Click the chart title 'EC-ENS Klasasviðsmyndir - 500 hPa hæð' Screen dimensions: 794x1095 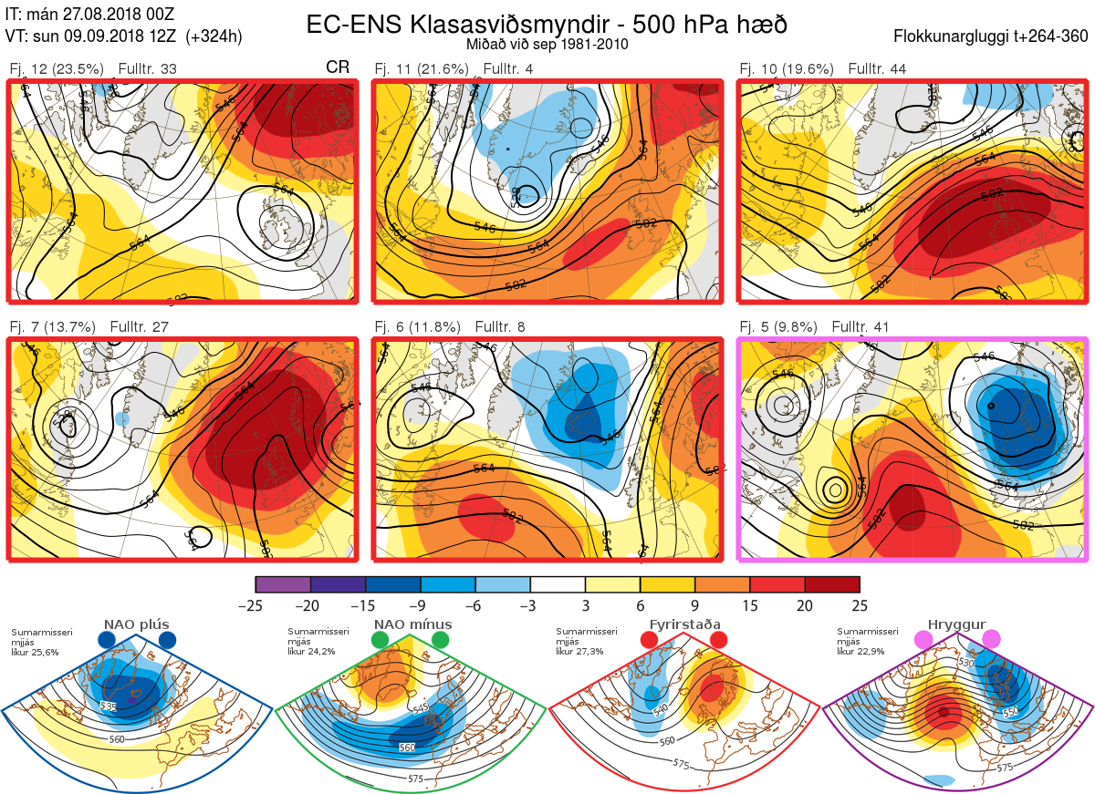547,24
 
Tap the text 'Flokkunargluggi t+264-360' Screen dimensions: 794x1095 992,36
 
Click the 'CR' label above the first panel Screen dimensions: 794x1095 338,68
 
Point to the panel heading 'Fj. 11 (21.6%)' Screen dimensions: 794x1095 422,69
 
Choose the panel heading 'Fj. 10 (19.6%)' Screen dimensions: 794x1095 786,69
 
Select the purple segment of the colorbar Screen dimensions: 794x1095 283,584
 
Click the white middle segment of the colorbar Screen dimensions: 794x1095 558,584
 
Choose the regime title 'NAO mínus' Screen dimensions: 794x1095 412,624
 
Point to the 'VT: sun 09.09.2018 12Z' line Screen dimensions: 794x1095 123,36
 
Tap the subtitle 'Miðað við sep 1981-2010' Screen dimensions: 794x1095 547,44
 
